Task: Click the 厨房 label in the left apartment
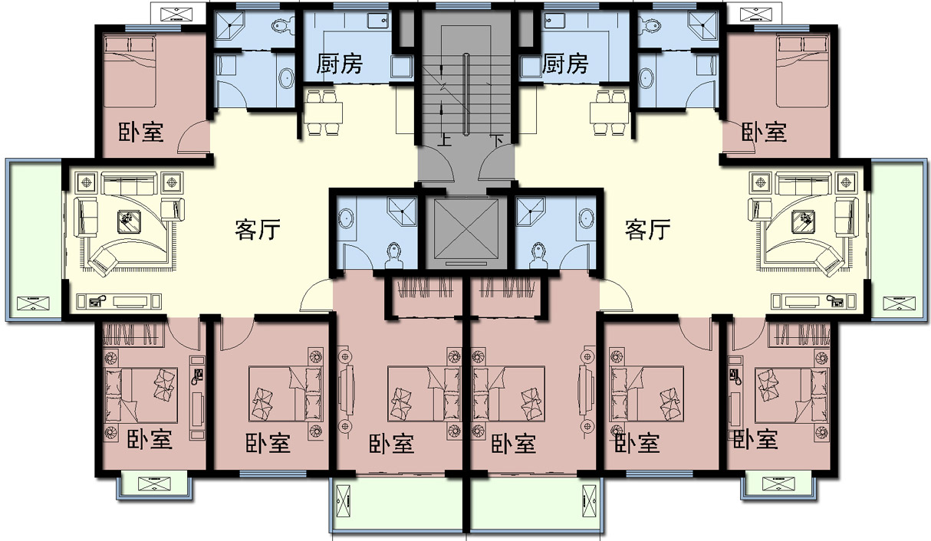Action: pyautogui.click(x=340, y=64)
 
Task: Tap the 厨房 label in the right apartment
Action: pyautogui.click(x=565, y=64)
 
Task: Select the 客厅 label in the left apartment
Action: pyautogui.click(x=257, y=229)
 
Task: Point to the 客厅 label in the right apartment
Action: pyautogui.click(x=647, y=229)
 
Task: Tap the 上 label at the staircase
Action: pyautogui.click(x=445, y=140)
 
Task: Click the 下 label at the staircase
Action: pyautogui.click(x=496, y=140)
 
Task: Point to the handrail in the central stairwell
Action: pyautogui.click(x=467, y=93)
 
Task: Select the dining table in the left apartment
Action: pyautogui.click(x=324, y=112)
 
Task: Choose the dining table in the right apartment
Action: pyautogui.click(x=610, y=112)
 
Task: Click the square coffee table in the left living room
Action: pyautogui.click(x=129, y=221)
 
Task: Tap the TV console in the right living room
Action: pyautogui.click(x=814, y=301)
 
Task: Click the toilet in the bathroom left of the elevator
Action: pyautogui.click(x=394, y=255)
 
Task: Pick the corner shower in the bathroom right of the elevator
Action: pyautogui.click(x=529, y=211)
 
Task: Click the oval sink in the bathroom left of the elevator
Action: pyautogui.click(x=346, y=218)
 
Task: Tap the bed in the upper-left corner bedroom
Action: pyautogui.click(x=130, y=71)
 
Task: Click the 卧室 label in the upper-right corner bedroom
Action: pyautogui.click(x=765, y=132)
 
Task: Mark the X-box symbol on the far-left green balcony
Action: pyautogui.click(x=33, y=303)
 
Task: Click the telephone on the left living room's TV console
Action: pyautogui.click(x=97, y=300)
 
